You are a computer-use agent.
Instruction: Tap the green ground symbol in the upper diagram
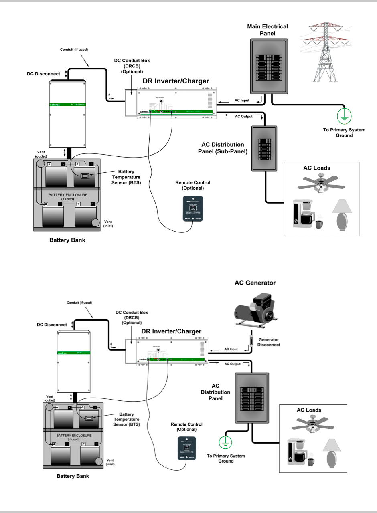click(343, 115)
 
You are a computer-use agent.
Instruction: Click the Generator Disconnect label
click(270, 341)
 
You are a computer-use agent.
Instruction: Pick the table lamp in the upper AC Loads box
click(342, 216)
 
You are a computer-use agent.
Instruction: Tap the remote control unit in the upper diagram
click(193, 208)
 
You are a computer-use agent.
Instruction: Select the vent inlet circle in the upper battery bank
click(95, 223)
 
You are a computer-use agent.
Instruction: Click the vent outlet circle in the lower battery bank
click(49, 408)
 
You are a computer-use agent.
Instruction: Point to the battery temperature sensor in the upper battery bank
click(85, 176)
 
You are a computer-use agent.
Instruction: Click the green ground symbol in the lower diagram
click(225, 442)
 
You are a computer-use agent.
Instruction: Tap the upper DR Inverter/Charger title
click(176, 81)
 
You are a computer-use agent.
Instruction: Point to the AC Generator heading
click(255, 283)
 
